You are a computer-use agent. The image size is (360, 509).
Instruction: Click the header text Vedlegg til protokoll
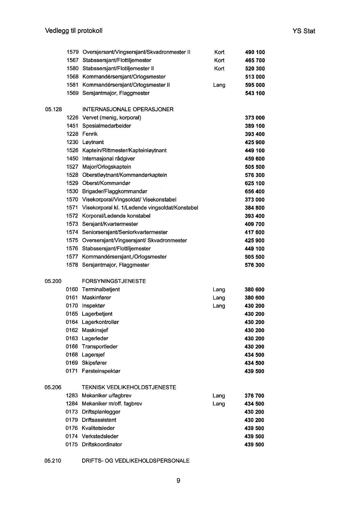coord(74,31)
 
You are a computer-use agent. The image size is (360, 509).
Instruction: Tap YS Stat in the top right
coord(303,31)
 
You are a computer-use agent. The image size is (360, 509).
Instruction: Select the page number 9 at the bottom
coord(178,481)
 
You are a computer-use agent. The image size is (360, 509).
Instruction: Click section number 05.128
coord(53,110)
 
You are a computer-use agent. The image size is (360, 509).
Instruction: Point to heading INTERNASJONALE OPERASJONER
coord(128,110)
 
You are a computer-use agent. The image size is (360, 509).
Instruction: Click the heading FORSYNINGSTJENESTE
coord(114,281)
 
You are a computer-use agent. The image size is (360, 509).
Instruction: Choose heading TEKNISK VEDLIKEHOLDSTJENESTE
coord(129,387)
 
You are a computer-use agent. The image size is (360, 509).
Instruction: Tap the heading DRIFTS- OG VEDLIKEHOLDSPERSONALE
coord(136,461)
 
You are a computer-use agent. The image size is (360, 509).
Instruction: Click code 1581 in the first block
coord(72,85)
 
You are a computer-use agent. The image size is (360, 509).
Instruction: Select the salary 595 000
coord(255,85)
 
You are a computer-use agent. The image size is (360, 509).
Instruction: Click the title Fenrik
coord(90,134)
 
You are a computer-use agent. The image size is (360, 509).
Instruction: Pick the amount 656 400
coord(255,191)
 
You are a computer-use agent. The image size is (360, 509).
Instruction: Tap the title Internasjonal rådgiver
coord(109,158)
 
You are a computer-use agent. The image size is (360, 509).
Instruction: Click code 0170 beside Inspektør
coord(72,306)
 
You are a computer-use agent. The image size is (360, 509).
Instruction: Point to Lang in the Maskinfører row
coord(219,298)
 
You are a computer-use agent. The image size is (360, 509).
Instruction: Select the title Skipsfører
coord(94,363)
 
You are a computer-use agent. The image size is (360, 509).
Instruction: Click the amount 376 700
coord(254,396)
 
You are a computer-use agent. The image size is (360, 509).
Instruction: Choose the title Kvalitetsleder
coord(98,428)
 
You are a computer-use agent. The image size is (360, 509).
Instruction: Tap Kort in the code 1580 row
coord(219,69)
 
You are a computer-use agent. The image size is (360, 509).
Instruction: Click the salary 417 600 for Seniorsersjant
coord(255,232)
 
